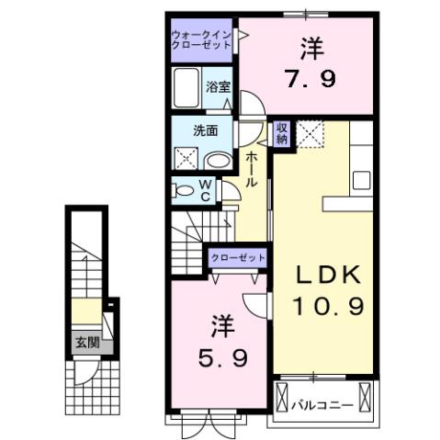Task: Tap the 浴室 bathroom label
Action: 218,87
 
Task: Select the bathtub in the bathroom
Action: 187,88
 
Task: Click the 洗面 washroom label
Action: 205,130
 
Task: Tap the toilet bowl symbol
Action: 184,191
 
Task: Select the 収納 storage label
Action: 282,133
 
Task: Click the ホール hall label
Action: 251,170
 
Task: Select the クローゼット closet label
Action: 238,258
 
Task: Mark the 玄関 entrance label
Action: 85,344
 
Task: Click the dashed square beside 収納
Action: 310,135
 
